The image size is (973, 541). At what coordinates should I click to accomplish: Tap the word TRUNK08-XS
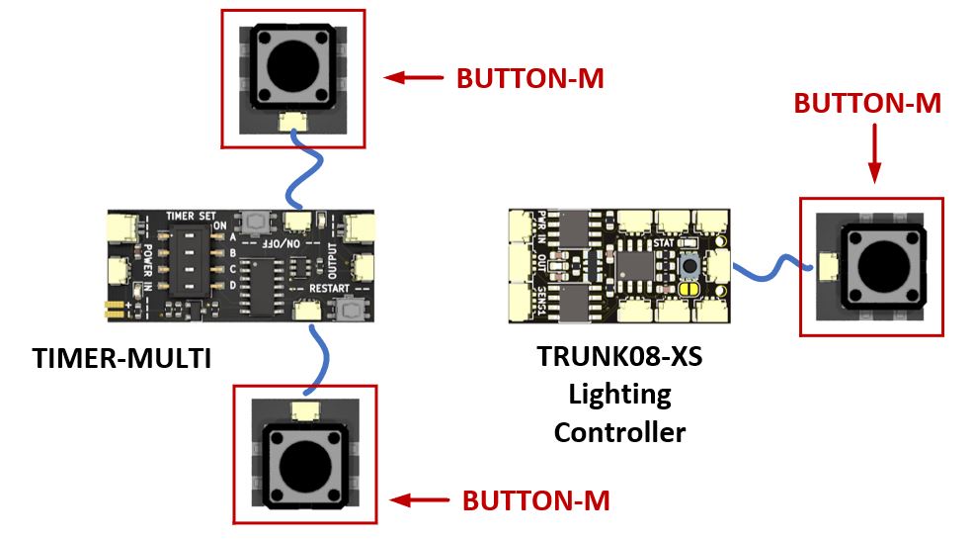[619, 356]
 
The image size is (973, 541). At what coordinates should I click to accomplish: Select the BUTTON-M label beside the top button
[529, 78]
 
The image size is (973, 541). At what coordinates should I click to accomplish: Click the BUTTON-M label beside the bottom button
[536, 500]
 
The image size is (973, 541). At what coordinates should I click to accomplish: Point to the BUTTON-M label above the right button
[868, 103]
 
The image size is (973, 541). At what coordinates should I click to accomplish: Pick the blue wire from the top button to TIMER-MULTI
[305, 175]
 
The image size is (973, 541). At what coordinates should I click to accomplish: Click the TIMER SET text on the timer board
[191, 215]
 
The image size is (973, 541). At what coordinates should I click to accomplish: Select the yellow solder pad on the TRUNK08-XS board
[690, 288]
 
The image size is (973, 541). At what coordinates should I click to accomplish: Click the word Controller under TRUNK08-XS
[619, 432]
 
